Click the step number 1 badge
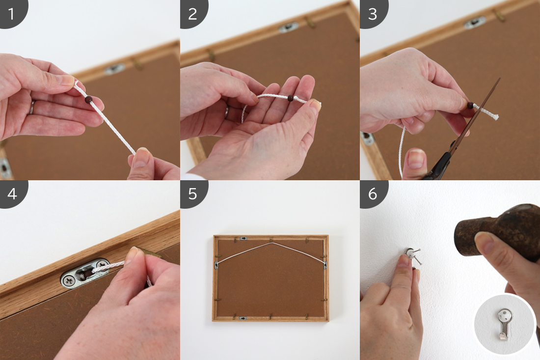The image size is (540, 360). click(12, 13)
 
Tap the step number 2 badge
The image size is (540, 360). click(193, 13)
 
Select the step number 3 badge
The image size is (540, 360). click(373, 13)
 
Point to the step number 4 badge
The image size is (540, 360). click(12, 194)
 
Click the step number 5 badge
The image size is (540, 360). click(193, 194)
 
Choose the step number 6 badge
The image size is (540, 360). click(373, 194)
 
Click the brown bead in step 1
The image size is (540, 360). click(89, 100)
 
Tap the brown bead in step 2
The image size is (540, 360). click(290, 98)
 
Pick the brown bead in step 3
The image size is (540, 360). click(470, 105)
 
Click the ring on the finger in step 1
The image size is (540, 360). click(32, 107)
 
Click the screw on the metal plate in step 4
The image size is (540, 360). click(69, 281)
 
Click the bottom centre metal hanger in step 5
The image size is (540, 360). click(243, 318)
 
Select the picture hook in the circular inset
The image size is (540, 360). click(504, 324)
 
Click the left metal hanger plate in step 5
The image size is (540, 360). click(216, 265)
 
